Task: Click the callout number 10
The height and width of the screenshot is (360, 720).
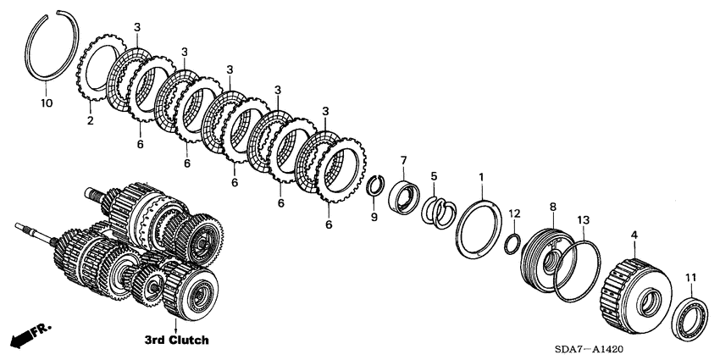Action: pyautogui.click(x=47, y=103)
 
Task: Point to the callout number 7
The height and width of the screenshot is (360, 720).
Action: pyautogui.click(x=404, y=160)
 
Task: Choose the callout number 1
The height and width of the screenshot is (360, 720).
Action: pyautogui.click(x=481, y=177)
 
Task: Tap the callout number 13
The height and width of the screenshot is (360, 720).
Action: pyautogui.click(x=582, y=220)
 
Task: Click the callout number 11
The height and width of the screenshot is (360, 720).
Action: pyautogui.click(x=690, y=277)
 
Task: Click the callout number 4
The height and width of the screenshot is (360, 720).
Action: pyautogui.click(x=634, y=232)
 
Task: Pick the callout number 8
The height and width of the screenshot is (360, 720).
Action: pyautogui.click(x=552, y=206)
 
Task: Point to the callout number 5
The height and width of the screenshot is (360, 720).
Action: pyautogui.click(x=434, y=176)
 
